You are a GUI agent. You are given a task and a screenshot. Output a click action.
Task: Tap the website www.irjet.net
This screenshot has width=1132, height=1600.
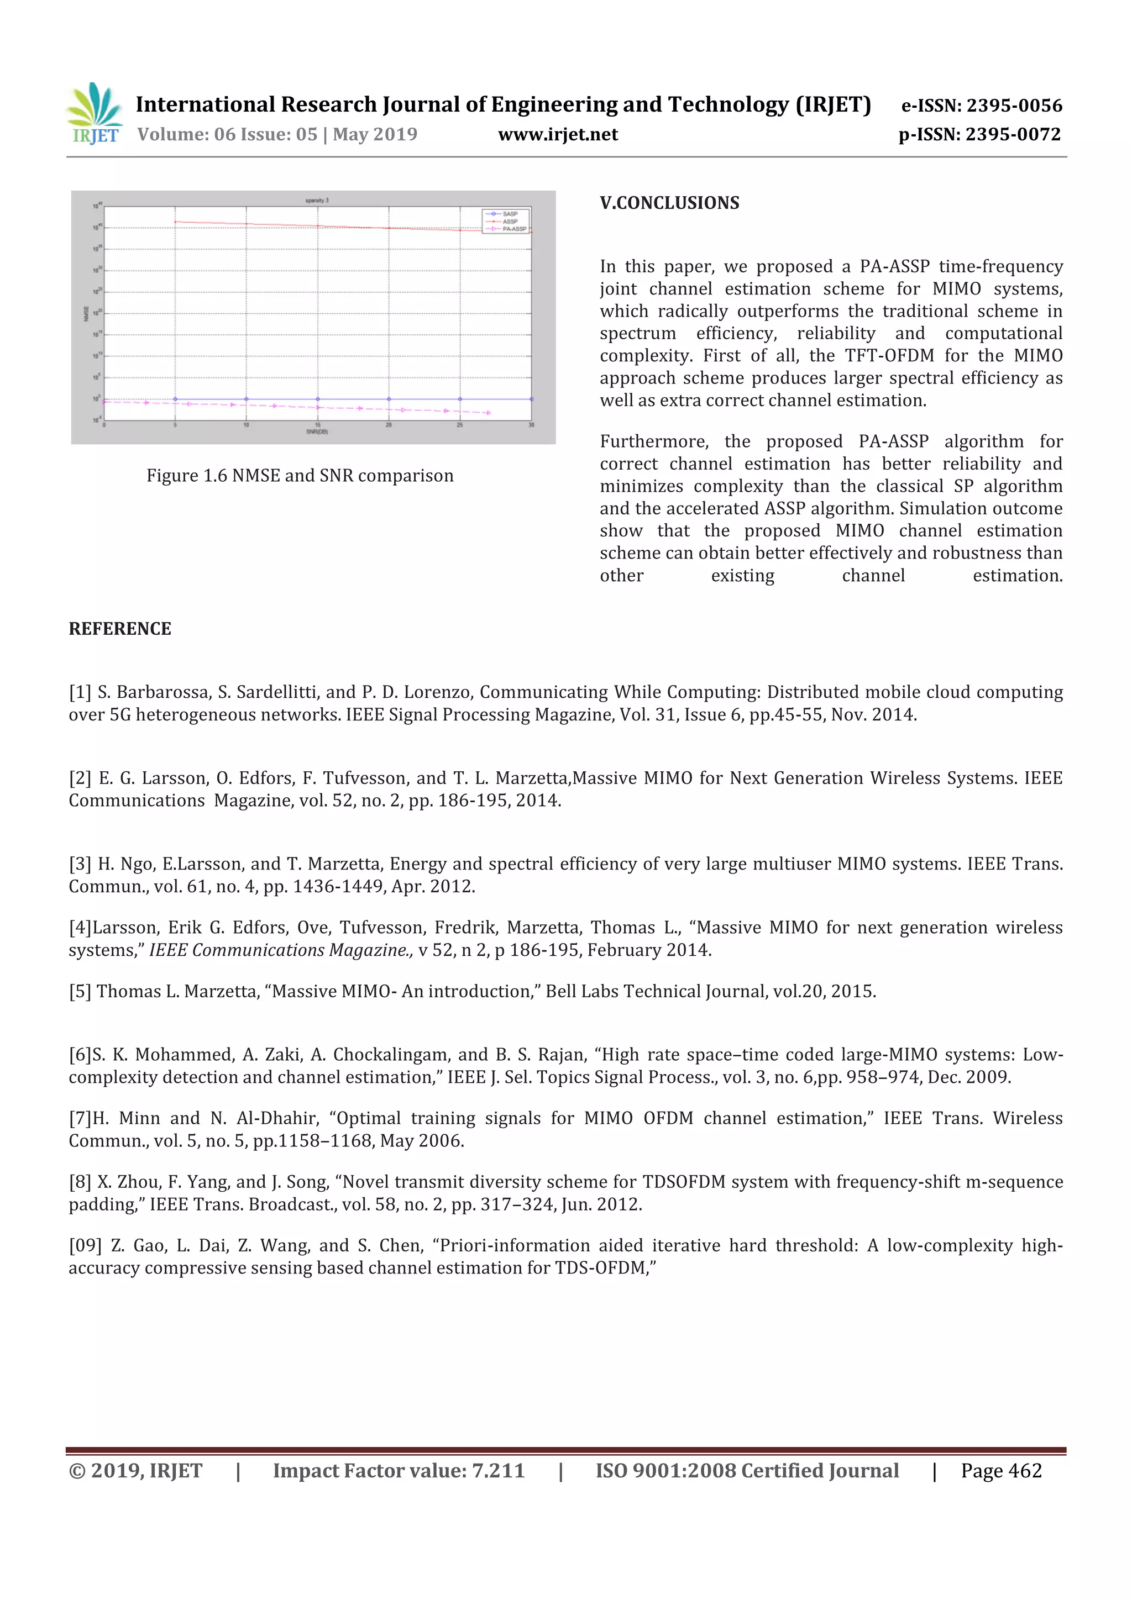558,134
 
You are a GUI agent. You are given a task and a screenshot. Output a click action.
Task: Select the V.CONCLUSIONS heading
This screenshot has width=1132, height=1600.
669,203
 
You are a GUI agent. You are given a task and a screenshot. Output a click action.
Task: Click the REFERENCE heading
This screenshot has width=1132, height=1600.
120,629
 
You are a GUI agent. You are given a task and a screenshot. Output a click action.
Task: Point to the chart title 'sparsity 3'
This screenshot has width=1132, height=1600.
317,200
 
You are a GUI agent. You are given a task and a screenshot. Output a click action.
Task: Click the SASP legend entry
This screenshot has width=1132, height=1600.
510,214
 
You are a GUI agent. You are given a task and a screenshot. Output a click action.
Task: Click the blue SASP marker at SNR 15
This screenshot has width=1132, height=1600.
318,399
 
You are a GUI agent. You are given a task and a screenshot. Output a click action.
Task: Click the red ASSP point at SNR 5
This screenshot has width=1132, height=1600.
175,222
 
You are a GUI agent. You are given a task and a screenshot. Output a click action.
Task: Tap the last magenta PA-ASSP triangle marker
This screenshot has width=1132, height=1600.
489,413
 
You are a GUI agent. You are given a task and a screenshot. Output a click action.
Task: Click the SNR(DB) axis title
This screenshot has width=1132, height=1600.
317,432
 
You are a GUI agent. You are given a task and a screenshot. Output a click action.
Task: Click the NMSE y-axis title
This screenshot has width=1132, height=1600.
86,314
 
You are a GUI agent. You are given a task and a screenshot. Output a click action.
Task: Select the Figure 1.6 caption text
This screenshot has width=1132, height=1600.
300,475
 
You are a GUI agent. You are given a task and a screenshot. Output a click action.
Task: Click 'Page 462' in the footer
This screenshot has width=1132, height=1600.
1001,1470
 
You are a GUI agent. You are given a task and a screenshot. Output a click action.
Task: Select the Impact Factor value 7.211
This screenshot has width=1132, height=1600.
499,1470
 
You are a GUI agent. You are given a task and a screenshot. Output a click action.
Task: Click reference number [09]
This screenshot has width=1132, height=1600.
85,1245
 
